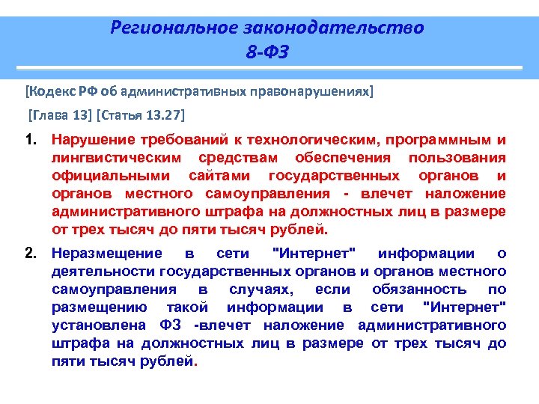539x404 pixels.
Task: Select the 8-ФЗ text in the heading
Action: tap(267, 53)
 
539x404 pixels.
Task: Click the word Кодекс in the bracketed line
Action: tap(49, 91)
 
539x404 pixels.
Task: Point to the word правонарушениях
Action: tap(314, 91)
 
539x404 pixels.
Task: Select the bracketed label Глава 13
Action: tap(60, 116)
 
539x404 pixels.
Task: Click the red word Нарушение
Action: tap(91, 140)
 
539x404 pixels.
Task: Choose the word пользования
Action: tap(457, 158)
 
